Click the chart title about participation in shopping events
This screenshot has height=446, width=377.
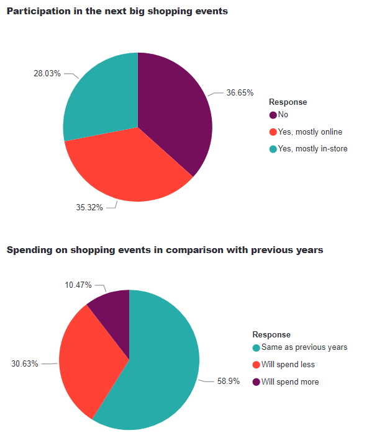(117, 12)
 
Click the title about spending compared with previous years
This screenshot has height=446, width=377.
(165, 250)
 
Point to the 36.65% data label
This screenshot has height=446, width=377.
(240, 93)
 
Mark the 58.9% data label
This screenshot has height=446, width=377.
(227, 381)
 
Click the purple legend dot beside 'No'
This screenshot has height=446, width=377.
(273, 115)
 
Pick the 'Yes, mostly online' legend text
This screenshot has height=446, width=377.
(310, 132)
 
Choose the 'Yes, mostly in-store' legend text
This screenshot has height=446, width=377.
(312, 148)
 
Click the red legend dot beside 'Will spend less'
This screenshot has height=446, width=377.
(256, 365)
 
